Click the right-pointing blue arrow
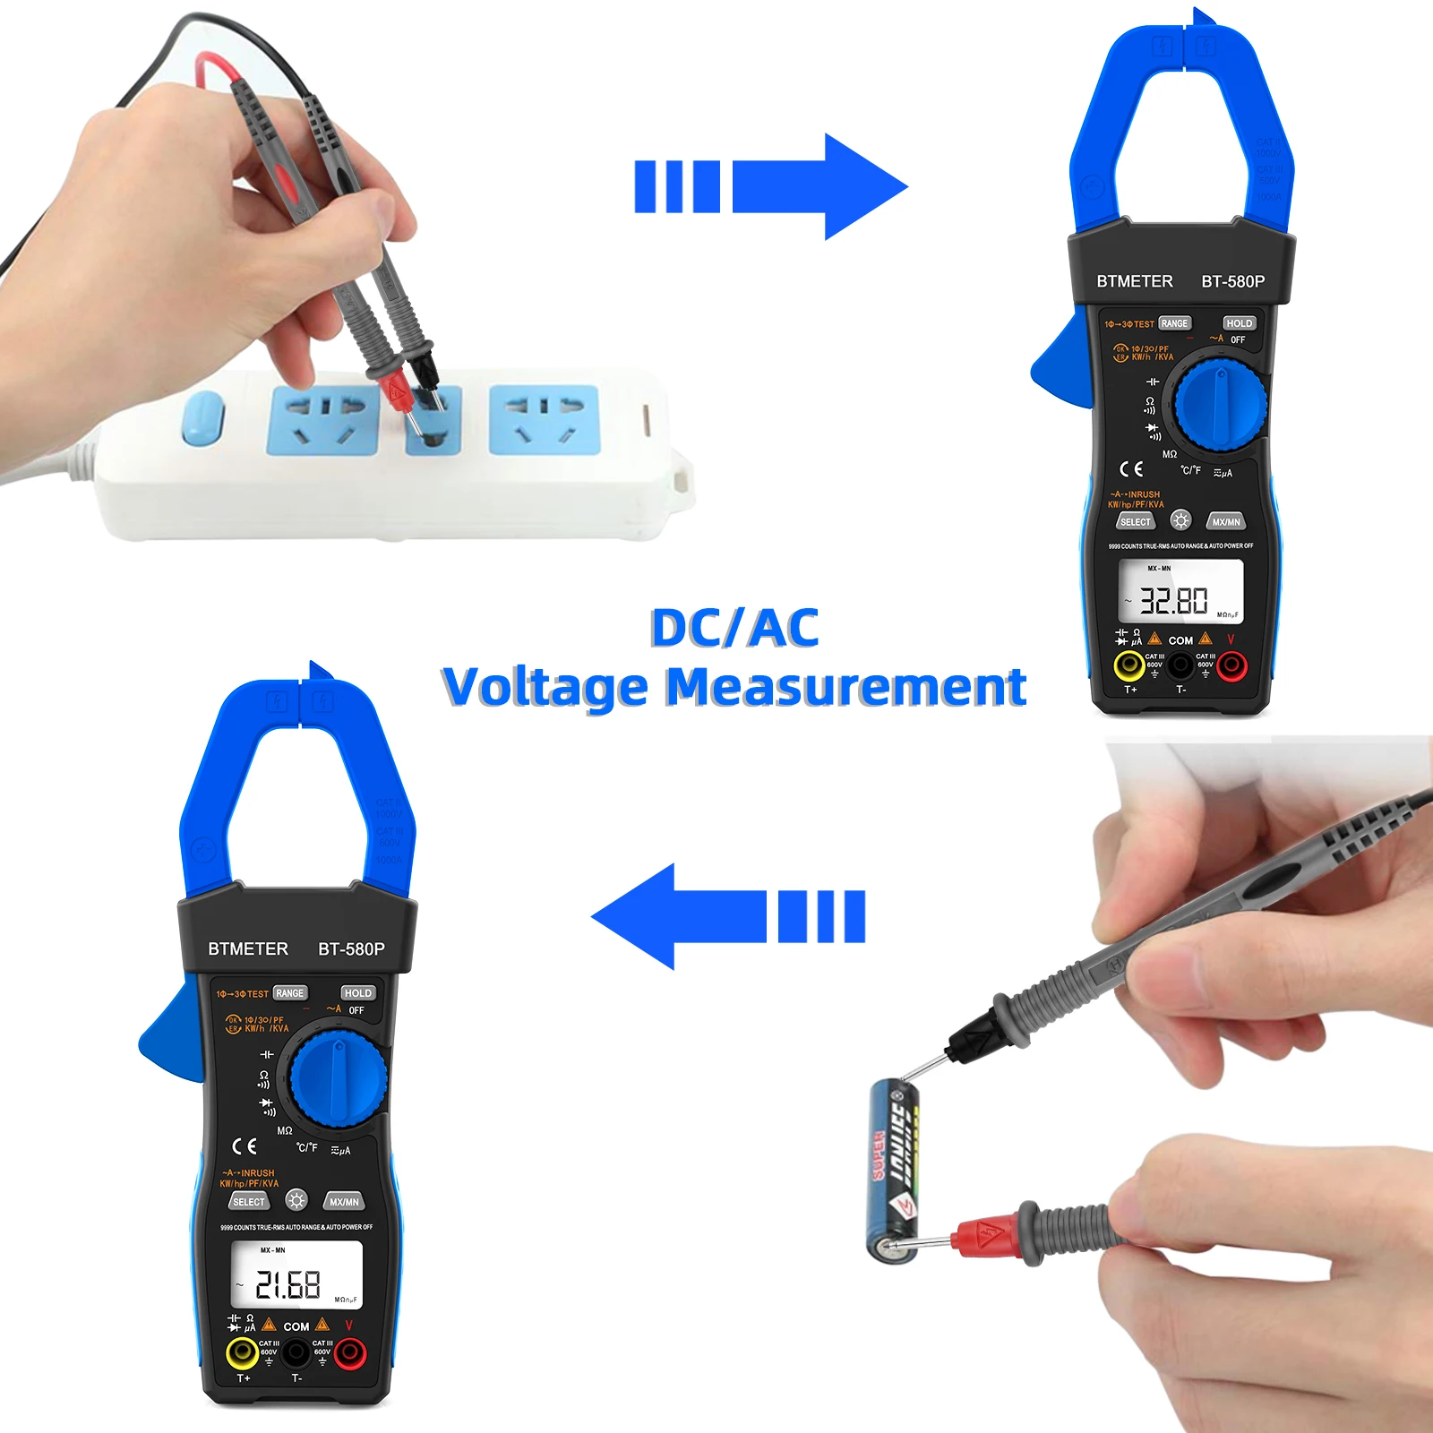pos(770,186)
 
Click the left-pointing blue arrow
pos(727,916)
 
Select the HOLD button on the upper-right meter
pos(1239,323)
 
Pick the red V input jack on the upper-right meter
pos(1231,665)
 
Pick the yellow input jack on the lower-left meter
pos(242,1352)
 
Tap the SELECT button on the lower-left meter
pos(249,1202)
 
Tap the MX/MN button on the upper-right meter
pos(1225,522)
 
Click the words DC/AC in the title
pos(734,627)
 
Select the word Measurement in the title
pos(845,688)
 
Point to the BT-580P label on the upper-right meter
pos(1232,281)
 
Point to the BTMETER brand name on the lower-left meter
pos(248,948)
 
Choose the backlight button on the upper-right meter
pos(1180,520)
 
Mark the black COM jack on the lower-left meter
pos(296,1353)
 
